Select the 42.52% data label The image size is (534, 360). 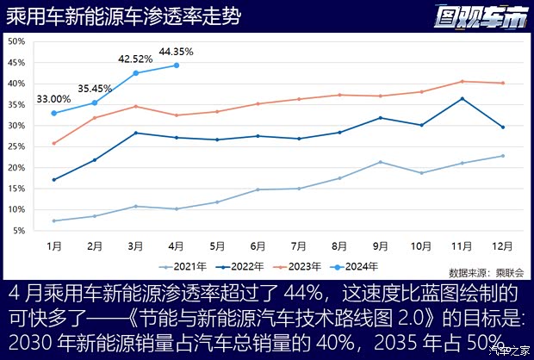[x=135, y=59]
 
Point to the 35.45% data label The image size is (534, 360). [x=95, y=88]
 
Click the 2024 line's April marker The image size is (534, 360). [x=177, y=65]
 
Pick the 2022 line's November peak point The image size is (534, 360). [x=463, y=98]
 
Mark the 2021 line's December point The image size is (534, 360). [x=503, y=156]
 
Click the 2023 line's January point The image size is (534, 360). [x=54, y=143]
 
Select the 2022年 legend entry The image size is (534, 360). [x=241, y=265]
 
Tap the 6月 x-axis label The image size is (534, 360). [x=258, y=245]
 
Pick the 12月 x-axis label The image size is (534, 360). [x=503, y=245]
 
